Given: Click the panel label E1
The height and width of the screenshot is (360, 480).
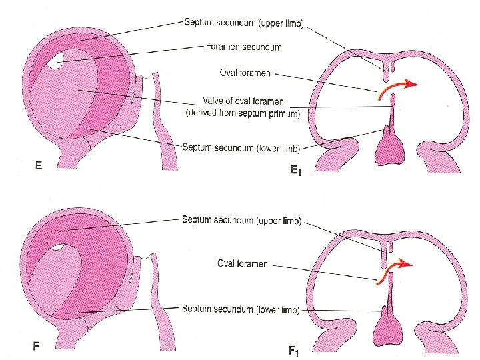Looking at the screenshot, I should (x=295, y=171).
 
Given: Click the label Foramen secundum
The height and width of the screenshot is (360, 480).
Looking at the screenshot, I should (x=243, y=47).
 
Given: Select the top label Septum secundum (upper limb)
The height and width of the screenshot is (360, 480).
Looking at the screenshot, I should (x=243, y=24).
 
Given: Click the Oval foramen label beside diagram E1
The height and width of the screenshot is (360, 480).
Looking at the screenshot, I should (x=245, y=73).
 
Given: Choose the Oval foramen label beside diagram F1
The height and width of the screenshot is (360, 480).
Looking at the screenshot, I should (x=243, y=263).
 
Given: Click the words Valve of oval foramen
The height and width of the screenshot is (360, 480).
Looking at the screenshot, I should (x=243, y=101).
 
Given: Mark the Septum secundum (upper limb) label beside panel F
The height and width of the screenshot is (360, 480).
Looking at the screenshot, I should (x=242, y=221).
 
